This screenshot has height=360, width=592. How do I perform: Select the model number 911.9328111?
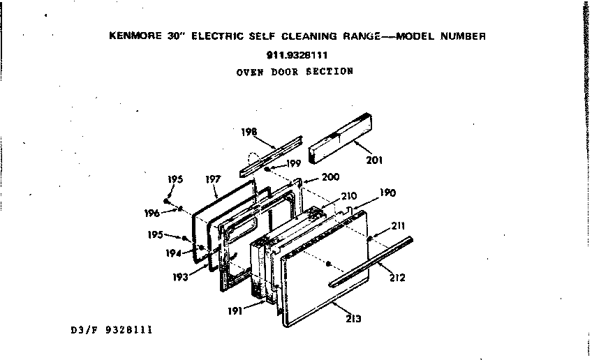click(x=297, y=54)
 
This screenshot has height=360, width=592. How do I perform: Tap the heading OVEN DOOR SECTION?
click(x=295, y=71)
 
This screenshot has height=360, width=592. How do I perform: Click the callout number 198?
click(x=249, y=131)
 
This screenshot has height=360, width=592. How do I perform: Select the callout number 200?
click(x=331, y=177)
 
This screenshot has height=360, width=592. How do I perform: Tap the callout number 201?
click(x=374, y=159)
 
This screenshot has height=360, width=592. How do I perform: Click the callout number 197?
click(x=213, y=180)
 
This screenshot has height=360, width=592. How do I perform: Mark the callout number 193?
click(x=181, y=277)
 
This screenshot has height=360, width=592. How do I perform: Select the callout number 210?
click(x=348, y=197)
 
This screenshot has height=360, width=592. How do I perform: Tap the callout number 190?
click(x=387, y=193)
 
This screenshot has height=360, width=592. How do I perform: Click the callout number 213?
click(x=353, y=319)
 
